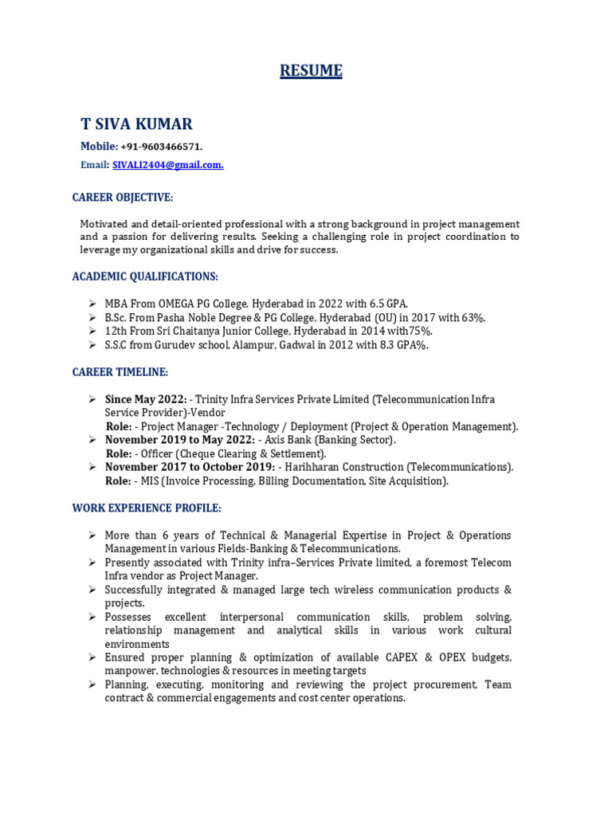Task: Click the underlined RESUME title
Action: (311, 71)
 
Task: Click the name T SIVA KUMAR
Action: (136, 124)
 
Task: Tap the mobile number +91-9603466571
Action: (162, 147)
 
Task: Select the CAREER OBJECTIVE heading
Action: (122, 197)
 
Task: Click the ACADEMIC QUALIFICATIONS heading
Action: (145, 277)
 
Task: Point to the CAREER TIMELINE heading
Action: (120, 372)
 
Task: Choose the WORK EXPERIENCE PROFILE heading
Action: (147, 508)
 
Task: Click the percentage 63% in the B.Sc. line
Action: (471, 317)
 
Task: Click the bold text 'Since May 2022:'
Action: (147, 399)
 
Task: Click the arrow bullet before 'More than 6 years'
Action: (92, 535)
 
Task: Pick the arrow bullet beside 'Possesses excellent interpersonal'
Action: (92, 618)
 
